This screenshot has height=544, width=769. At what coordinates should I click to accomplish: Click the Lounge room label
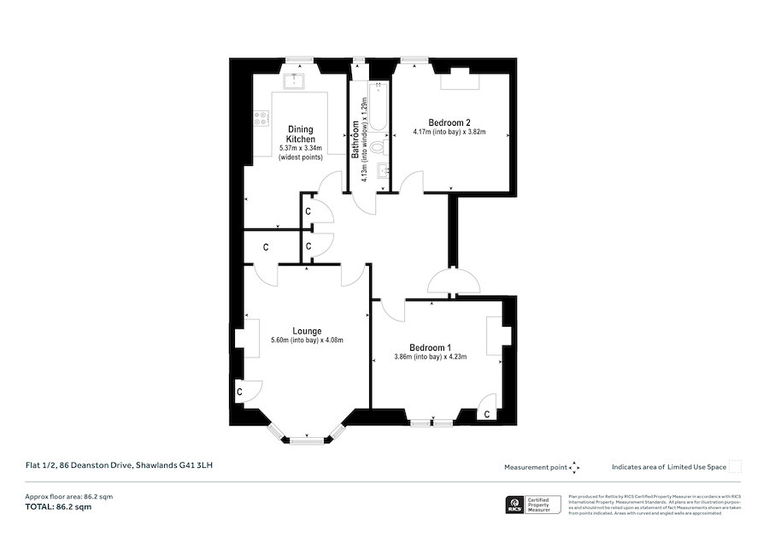coord(307,330)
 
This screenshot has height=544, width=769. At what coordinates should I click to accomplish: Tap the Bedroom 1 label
coord(430,347)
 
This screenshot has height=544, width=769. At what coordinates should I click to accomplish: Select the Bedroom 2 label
coord(450,121)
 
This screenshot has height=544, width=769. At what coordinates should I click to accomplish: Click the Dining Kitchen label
coord(300,134)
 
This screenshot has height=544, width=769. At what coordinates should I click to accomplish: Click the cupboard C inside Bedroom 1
coord(486,414)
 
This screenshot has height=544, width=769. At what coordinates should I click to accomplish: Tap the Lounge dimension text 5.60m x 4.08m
coord(307,340)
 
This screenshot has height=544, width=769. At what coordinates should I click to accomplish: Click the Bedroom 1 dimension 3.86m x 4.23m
coord(430,358)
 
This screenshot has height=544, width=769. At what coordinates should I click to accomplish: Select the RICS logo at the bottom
coord(515,505)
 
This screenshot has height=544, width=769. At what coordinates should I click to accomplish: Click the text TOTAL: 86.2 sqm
coord(58,507)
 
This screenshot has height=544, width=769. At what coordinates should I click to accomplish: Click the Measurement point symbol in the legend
coord(575,467)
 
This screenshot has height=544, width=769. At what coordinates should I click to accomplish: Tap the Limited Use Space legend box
coord(735,466)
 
